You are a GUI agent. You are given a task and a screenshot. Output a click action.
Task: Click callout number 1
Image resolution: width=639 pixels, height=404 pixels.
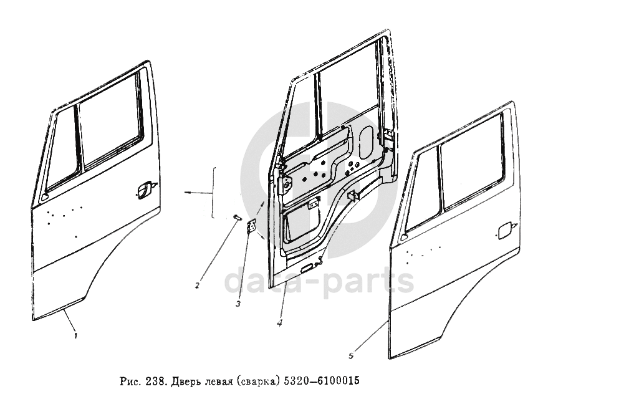tap(75, 336)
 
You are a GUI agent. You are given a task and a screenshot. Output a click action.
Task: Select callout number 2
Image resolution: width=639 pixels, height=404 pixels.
tap(197, 286)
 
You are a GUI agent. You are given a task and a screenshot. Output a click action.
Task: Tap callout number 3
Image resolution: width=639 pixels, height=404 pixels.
tap(238, 304)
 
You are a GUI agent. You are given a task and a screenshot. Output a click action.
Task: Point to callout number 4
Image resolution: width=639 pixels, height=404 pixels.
tap(280, 322)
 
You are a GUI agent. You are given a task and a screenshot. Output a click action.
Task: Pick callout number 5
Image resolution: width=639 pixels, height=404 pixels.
tap(352, 356)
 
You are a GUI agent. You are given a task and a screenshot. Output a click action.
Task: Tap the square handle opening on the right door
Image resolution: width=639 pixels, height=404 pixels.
tap(504, 230)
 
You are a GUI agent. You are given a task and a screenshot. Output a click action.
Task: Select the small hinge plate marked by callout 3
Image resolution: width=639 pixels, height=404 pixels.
tap(252, 228)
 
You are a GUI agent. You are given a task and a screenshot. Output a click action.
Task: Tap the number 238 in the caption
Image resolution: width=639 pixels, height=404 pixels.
tap(155, 380)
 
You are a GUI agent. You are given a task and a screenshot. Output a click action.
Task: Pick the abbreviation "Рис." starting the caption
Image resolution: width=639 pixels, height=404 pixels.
tap(129, 380)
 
